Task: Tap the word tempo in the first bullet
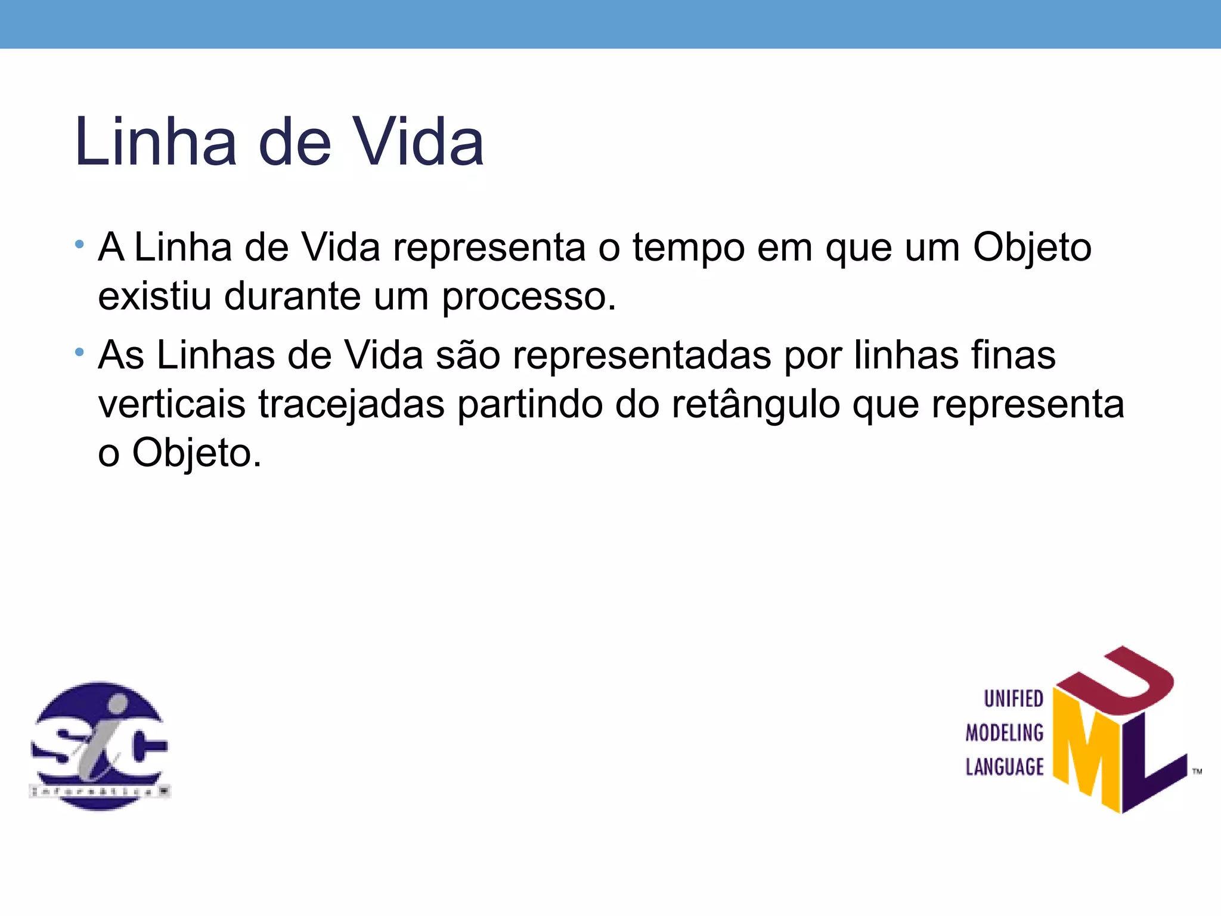688,247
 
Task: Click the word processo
528,297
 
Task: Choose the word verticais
172,404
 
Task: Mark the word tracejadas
352,406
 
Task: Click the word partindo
529,404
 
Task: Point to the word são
468,355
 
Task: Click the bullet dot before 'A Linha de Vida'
79,244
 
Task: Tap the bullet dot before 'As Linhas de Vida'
79,352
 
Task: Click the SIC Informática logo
100,745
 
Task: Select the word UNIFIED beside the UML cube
1013,699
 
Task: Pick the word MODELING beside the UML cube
1004,733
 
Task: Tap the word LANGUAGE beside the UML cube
1004,767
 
